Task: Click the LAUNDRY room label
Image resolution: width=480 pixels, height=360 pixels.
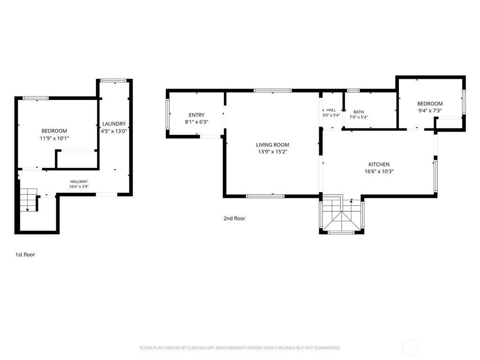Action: tap(114, 124)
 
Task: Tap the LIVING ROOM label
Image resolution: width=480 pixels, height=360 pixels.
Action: tap(272, 145)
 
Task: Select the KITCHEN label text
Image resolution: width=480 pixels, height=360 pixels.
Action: tap(379, 165)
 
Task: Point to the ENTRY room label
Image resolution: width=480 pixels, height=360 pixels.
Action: tap(196, 115)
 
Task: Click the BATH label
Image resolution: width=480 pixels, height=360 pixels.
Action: tap(359, 112)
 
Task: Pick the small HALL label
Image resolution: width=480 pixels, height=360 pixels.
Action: tap(331, 110)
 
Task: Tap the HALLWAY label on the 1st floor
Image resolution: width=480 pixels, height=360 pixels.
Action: tap(79, 181)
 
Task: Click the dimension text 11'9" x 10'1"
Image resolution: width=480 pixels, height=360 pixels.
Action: tap(54, 138)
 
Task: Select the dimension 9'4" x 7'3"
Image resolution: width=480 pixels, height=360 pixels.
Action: tap(430, 111)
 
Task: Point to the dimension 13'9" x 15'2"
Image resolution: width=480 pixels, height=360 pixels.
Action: tap(272, 152)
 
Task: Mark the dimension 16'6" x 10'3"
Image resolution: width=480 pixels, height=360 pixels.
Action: tap(379, 172)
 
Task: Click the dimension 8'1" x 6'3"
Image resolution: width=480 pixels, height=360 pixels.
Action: tap(196, 122)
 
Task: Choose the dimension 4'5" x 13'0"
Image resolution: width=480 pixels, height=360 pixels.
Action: tap(114, 131)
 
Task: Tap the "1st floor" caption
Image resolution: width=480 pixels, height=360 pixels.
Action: tap(25, 255)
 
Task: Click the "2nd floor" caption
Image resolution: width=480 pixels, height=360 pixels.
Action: tap(234, 218)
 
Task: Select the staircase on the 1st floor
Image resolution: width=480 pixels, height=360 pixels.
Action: tap(29, 200)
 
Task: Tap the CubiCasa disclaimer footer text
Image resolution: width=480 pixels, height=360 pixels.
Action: tap(240, 348)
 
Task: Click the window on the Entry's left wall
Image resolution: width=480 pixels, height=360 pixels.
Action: tap(167, 114)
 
